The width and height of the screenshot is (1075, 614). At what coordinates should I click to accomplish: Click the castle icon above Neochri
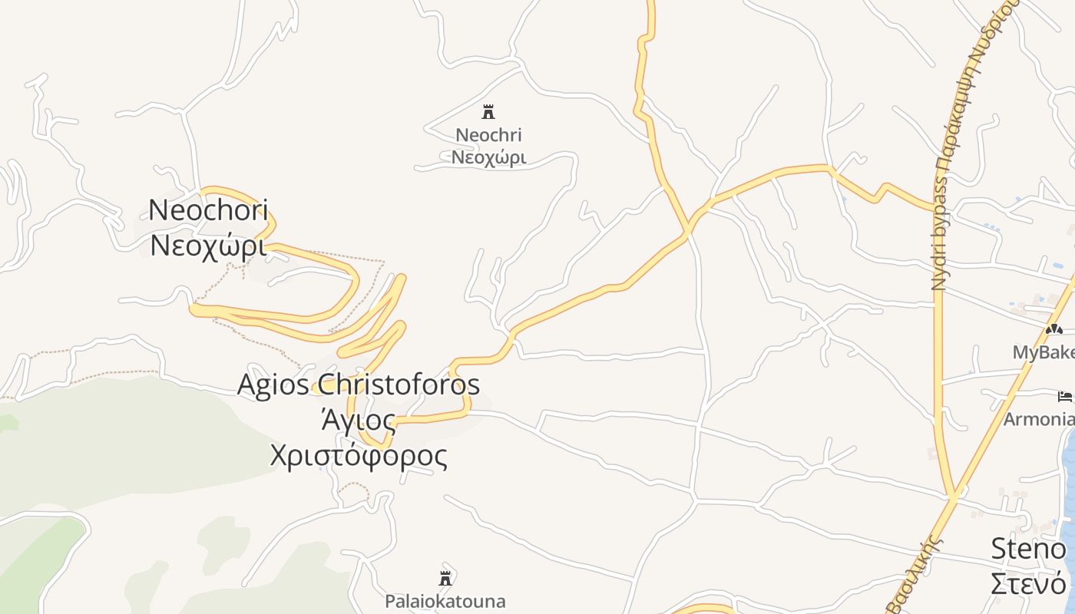[488, 112]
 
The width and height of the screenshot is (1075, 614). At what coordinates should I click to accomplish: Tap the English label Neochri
[488, 135]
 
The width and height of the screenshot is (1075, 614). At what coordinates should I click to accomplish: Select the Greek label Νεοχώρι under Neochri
[488, 157]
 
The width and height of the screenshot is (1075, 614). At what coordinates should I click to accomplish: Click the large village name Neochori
[208, 210]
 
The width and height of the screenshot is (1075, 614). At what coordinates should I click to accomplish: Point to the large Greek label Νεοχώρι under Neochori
[208, 246]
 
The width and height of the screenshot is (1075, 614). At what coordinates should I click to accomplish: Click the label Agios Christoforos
[359, 384]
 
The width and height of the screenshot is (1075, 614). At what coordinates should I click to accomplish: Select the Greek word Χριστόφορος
[359, 455]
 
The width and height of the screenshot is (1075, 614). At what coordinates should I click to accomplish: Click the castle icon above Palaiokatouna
[445, 578]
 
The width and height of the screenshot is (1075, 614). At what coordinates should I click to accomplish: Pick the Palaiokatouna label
[445, 600]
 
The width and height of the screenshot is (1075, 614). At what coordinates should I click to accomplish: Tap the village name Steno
[1028, 549]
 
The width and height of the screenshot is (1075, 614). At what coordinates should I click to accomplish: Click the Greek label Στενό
[1028, 583]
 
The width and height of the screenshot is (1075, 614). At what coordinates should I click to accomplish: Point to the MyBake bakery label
[1044, 352]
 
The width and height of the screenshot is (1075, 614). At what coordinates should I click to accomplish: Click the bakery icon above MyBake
[1053, 329]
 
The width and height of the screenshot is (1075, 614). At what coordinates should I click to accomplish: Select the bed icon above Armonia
[1065, 397]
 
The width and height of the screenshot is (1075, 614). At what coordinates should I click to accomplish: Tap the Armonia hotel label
[1039, 419]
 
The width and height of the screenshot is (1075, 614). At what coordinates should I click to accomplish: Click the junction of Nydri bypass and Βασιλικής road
[953, 497]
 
